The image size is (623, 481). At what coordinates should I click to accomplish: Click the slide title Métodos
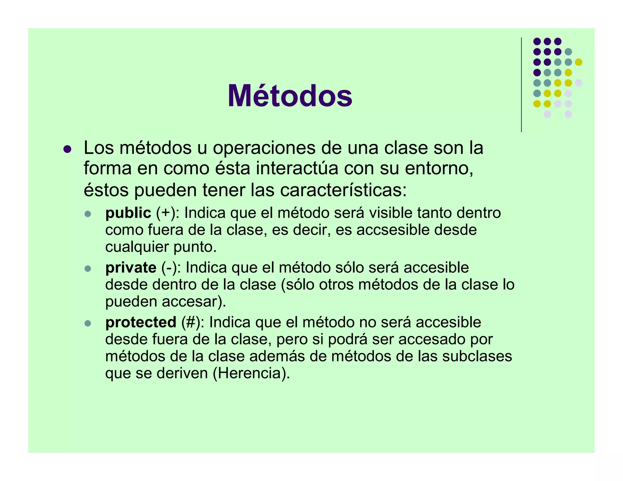[x=290, y=96]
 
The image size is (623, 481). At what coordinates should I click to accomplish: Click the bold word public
[x=128, y=213]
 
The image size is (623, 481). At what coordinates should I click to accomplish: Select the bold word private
[x=131, y=268]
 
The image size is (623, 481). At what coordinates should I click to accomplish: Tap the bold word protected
[x=141, y=322]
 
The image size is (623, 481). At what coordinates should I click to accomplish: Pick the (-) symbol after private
[x=169, y=268]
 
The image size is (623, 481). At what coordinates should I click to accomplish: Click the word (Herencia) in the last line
[x=251, y=373]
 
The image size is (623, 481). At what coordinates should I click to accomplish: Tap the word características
[x=343, y=190]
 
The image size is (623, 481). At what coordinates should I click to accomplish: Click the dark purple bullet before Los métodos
[x=67, y=149]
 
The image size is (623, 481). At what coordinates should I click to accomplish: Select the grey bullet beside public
[x=88, y=214]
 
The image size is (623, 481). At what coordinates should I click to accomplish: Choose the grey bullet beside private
[x=88, y=268]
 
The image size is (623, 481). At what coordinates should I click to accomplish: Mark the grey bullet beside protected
[x=88, y=323]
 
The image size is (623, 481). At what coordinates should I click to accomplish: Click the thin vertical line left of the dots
[x=521, y=85]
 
